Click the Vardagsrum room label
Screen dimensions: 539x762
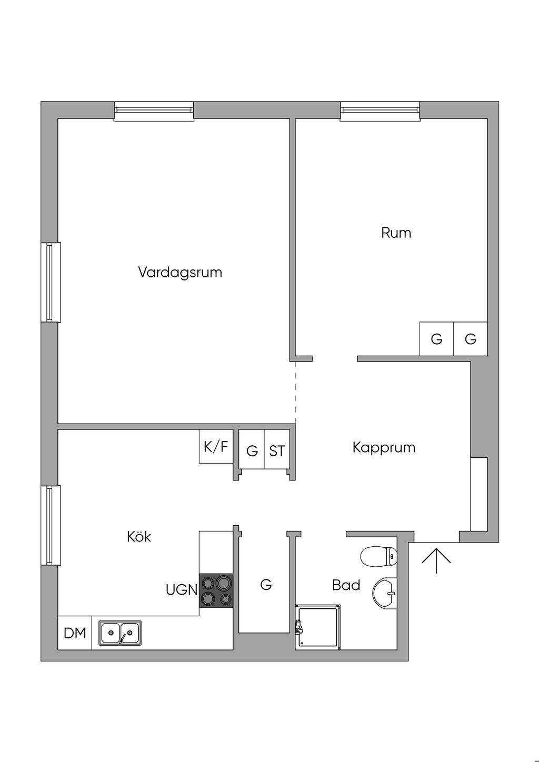click(180, 273)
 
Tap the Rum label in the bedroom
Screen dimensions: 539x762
click(396, 233)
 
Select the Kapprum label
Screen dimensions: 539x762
click(384, 448)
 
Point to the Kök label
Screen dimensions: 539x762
click(139, 536)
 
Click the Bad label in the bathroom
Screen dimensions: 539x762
click(346, 585)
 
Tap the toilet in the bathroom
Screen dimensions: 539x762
click(378, 557)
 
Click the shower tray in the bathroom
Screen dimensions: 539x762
click(318, 627)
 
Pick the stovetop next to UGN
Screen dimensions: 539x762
click(216, 590)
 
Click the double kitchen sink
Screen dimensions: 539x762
click(120, 633)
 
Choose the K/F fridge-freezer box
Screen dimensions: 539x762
click(216, 446)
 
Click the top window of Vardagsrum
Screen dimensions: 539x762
click(154, 111)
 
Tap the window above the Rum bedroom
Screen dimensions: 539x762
click(380, 111)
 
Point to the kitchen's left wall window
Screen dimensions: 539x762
click(51, 525)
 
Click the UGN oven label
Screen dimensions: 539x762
click(182, 590)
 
